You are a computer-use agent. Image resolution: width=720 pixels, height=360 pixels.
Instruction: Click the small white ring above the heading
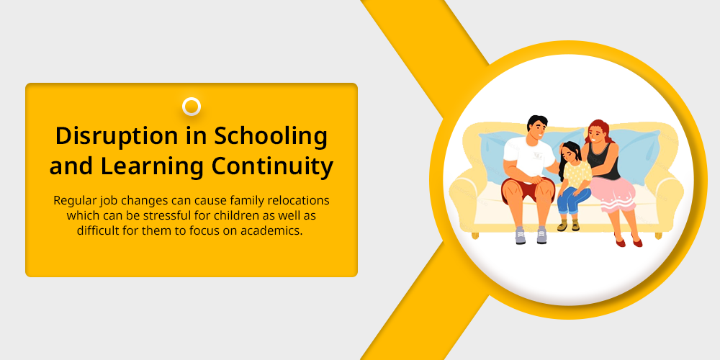click(192, 107)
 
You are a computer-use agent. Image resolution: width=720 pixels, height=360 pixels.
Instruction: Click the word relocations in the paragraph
click(302, 201)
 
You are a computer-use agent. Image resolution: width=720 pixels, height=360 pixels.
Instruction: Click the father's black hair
click(537, 122)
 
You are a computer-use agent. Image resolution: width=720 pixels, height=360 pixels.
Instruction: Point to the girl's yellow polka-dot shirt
click(577, 174)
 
